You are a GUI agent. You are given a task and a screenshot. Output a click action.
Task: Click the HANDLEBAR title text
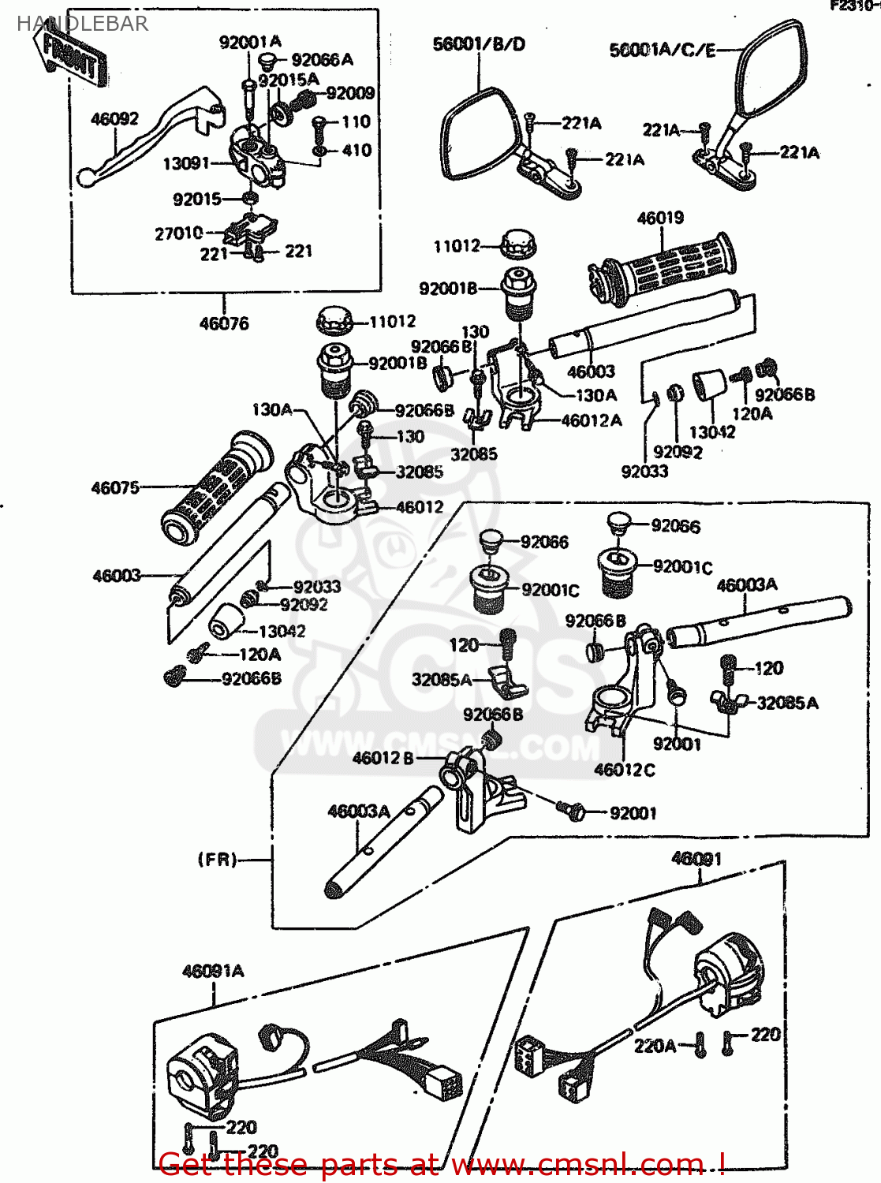[82, 24]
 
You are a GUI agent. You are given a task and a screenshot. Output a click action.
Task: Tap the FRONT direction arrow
[69, 58]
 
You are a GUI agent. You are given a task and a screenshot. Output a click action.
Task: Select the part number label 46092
[114, 119]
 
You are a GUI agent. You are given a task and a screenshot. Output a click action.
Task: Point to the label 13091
[186, 163]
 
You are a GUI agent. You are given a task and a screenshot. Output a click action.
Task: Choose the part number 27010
[179, 233]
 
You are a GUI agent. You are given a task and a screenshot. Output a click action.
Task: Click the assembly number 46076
[224, 323]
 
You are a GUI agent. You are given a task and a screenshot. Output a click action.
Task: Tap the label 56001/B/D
[479, 44]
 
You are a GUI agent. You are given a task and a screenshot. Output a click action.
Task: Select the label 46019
[660, 218]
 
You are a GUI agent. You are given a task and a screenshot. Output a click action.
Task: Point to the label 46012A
[592, 421]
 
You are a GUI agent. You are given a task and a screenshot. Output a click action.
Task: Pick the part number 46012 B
[383, 758]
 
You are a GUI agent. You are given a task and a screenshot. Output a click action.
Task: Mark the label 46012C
[624, 770]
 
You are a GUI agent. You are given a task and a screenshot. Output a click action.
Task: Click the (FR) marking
[217, 859]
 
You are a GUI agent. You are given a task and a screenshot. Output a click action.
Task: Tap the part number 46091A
[213, 971]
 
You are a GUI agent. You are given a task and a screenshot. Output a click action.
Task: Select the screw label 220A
[655, 1046]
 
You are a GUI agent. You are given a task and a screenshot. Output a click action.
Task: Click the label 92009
[350, 94]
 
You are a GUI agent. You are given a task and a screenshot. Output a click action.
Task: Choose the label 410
[357, 150]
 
